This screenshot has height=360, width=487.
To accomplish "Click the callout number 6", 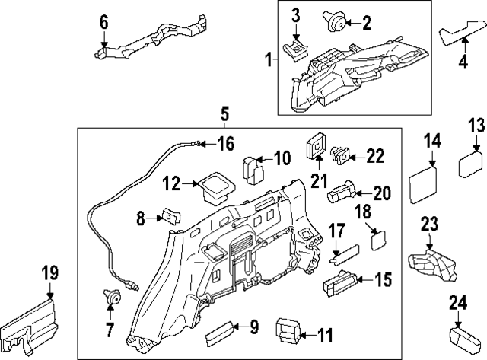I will (x=103, y=22).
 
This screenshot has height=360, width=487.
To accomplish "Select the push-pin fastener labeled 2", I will (x=333, y=22).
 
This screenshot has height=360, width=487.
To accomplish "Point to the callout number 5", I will (x=225, y=113).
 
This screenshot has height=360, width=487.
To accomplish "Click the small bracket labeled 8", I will (x=169, y=219).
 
